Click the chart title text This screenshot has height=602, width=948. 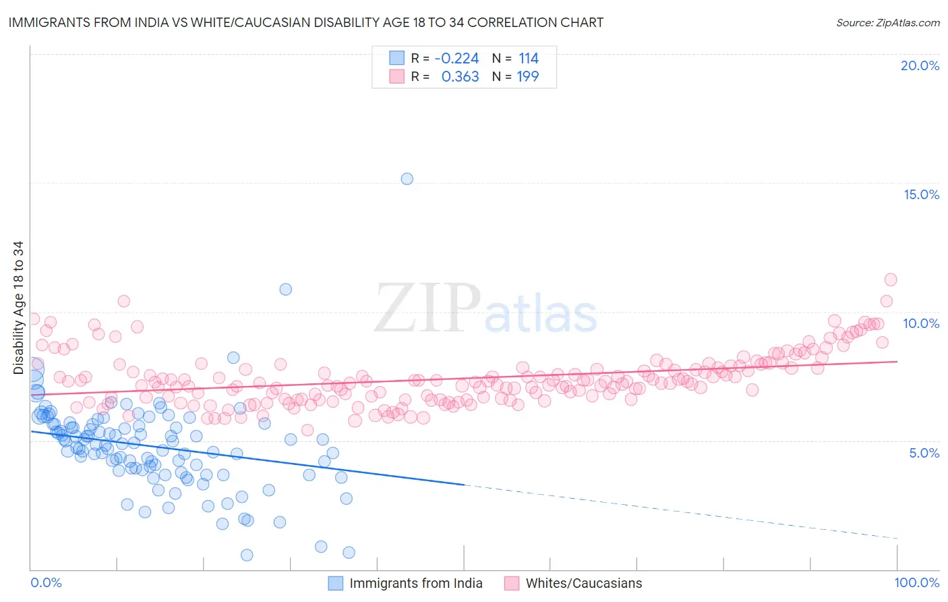coord(305,22)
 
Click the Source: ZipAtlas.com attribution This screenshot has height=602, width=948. coord(887,22)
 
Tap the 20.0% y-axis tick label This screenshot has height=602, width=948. coord(920,65)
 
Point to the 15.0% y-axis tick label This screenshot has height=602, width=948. coord(921,194)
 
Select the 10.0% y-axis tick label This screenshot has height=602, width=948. coord(921,323)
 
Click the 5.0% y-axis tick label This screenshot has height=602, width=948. coord(924,453)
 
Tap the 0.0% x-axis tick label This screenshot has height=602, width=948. coord(46,582)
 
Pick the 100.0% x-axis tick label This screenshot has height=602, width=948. coord(916,582)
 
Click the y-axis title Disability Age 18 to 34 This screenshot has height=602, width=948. coord(18,307)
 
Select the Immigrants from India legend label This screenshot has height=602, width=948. coord(416,583)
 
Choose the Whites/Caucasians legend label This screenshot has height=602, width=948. coord(584,583)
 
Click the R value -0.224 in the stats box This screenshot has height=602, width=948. coord(456,59)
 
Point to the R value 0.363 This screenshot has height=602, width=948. coord(460,77)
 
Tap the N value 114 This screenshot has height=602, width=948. coord(529,59)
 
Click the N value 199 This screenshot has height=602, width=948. coord(528,77)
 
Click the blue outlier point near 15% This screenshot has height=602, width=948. coord(407,179)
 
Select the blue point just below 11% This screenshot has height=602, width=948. coord(286,290)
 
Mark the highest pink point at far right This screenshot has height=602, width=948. coord(891,279)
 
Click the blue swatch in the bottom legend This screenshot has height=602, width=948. coord(336,583)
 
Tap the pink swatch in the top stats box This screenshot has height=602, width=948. coord(397,77)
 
